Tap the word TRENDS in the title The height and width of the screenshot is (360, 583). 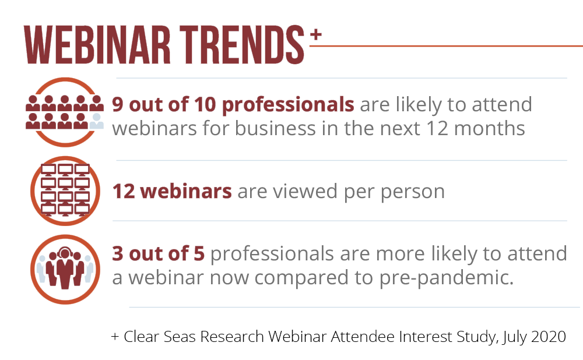point(242,45)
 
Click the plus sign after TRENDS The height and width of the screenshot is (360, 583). point(315,34)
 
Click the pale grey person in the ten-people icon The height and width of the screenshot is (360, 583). point(97,122)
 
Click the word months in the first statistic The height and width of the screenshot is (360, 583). point(490,129)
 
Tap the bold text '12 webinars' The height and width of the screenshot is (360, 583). point(172,191)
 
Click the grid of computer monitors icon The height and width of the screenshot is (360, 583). point(65,190)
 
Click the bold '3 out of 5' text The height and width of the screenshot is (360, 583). point(159,253)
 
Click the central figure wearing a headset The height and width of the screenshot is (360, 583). point(65,268)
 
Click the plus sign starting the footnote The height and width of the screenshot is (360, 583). point(115,337)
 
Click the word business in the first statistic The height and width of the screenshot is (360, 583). point(275,129)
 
